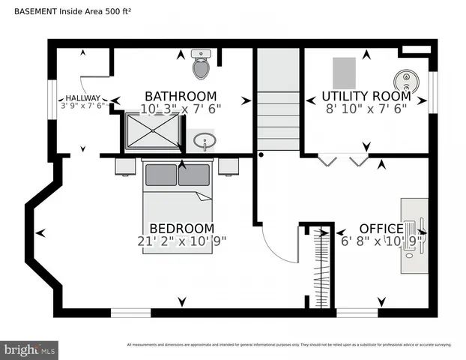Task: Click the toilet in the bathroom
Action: (201, 66)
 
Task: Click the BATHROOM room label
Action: (181, 96)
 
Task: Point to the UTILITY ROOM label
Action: (366, 96)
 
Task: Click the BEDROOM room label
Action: (181, 228)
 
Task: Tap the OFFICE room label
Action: (381, 228)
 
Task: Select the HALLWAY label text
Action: (82, 97)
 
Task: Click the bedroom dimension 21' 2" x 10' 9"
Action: (181, 241)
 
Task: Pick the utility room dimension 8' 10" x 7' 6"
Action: (366, 109)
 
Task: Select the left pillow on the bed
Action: (160, 175)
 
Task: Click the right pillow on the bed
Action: (193, 175)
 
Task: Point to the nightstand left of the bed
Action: (126, 166)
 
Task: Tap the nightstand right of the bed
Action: (228, 166)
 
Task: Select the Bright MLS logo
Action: (29, 349)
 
